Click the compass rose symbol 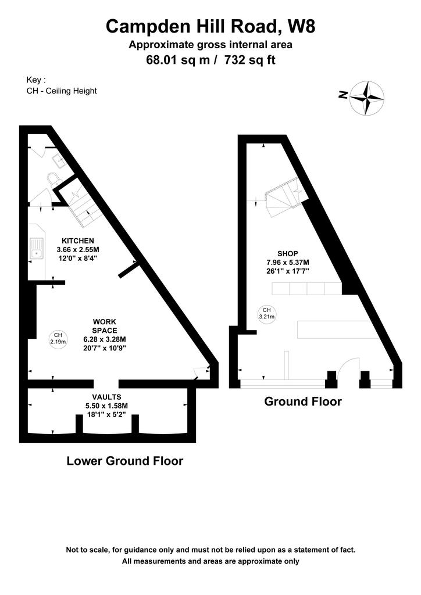(x=367, y=98)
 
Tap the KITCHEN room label (x=78, y=241)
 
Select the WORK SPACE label (x=105, y=326)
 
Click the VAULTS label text (x=106, y=397)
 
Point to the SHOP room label (x=288, y=253)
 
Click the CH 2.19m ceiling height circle (x=58, y=338)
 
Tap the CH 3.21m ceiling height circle (x=267, y=313)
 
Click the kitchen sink (x=37, y=249)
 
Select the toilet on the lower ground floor (x=53, y=179)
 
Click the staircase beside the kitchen (x=81, y=205)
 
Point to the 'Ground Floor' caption (x=303, y=402)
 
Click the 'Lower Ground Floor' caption (x=125, y=461)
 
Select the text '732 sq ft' (x=250, y=60)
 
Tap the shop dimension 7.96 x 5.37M (x=288, y=262)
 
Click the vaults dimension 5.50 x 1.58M (x=106, y=406)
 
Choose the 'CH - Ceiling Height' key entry (x=62, y=91)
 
